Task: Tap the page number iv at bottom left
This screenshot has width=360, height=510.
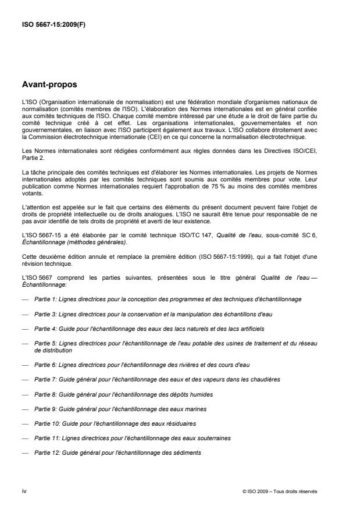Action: coord(24,491)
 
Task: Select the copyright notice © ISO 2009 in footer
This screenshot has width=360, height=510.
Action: coord(280,491)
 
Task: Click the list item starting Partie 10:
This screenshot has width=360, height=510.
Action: coord(115,423)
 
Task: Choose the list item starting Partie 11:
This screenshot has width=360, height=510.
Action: coord(134,438)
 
